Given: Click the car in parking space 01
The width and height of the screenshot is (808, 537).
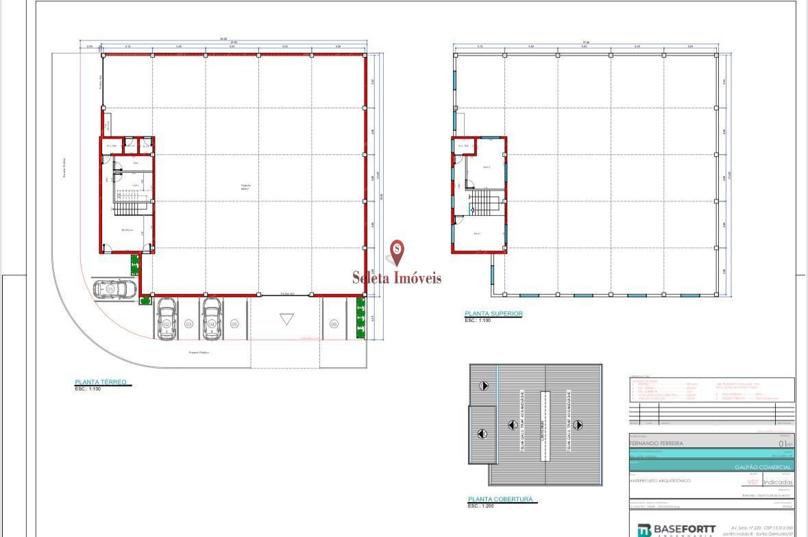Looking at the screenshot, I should coord(114,289).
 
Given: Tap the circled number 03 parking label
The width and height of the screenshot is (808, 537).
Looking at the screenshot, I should coord(188,324).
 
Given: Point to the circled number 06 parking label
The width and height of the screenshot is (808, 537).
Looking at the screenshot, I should coord(334,324).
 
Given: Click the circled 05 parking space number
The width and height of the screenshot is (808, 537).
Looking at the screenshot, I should coord(234,324).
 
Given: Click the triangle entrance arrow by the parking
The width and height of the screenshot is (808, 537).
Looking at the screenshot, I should coord(286,319).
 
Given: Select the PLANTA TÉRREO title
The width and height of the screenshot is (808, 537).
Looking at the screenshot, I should coord(101,382).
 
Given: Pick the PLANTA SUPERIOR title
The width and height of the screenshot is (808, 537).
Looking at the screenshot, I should coord(493,314).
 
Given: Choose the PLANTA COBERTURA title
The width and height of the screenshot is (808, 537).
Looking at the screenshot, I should coord(500,499).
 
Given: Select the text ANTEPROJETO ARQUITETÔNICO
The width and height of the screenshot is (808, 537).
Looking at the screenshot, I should coord(660,481).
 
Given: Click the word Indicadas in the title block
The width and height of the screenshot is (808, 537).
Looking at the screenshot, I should coord(778,482).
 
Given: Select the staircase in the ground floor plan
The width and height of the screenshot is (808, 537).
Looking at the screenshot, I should coord(125,205).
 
